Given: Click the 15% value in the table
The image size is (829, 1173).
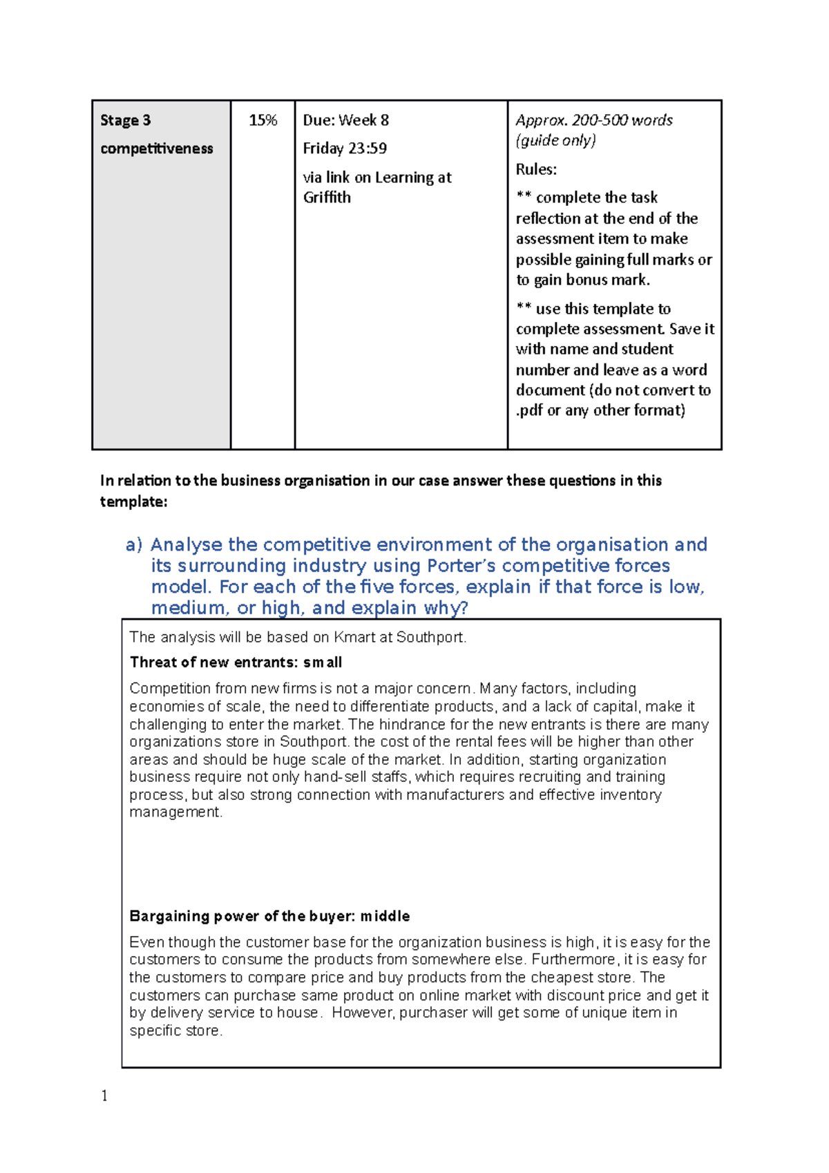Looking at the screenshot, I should pyautogui.click(x=263, y=120).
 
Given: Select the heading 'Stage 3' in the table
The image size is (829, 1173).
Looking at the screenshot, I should pyautogui.click(x=125, y=120).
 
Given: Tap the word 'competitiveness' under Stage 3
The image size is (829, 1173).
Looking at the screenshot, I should pyautogui.click(x=156, y=149).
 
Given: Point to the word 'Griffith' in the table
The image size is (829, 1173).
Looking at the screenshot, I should pyautogui.click(x=327, y=198).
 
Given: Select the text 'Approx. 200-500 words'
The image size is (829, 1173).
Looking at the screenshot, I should pyautogui.click(x=594, y=120).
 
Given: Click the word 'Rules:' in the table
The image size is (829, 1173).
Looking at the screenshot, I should pyautogui.click(x=536, y=169).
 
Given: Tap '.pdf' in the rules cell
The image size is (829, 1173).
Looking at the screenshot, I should pyautogui.click(x=529, y=410).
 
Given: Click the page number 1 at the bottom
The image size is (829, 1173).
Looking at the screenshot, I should pyautogui.click(x=104, y=1096).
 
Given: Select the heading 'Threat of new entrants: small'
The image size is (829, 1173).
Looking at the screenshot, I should pyautogui.click(x=236, y=662).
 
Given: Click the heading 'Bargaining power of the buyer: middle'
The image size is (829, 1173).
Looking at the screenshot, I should pyautogui.click(x=269, y=916).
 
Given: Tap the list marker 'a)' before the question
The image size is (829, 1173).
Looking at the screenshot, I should pyautogui.click(x=133, y=545).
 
